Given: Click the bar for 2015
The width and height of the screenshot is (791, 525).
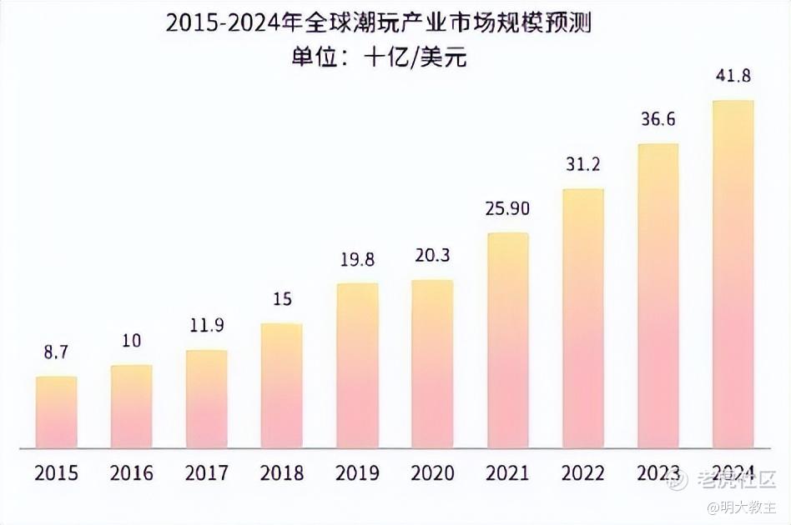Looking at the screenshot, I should [57, 412].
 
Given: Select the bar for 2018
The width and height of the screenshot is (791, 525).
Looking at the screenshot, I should [282, 385].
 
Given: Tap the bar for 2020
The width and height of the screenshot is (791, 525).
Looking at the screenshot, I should [432, 363].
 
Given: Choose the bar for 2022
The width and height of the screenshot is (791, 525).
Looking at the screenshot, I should [582, 317].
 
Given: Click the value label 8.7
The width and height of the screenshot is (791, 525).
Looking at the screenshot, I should [57, 353].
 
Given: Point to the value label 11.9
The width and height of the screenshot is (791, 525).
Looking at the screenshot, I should [207, 326].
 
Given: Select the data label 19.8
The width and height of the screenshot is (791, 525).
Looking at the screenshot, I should [357, 259].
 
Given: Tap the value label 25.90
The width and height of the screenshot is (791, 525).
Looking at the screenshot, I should [507, 208].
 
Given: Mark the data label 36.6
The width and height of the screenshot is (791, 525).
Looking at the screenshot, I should [657, 119].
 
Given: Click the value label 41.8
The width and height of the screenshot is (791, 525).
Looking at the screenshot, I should [733, 76].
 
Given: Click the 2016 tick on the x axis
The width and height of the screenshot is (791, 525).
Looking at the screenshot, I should [132, 473].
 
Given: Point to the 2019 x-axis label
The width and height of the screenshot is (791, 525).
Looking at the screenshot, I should [357, 473].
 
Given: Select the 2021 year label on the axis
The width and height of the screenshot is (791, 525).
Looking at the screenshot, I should [507, 473].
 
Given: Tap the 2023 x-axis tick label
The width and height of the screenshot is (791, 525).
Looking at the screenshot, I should [657, 473].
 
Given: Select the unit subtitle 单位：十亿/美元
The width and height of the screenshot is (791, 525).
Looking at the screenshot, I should [378, 57].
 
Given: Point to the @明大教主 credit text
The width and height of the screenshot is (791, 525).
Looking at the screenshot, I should [742, 507].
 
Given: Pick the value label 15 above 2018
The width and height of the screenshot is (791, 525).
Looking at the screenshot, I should [282, 298].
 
